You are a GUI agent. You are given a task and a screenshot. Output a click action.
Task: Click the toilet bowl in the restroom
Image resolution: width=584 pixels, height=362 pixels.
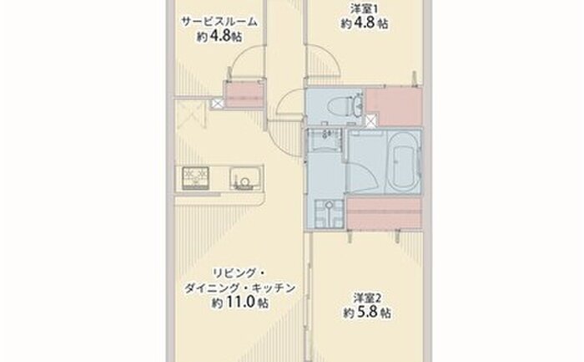[x=337, y=105]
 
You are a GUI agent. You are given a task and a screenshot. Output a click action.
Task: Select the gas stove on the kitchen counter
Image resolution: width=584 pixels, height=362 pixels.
[x=195, y=178]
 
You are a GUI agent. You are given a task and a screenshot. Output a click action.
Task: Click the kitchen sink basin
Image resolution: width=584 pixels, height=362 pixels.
[x=244, y=176]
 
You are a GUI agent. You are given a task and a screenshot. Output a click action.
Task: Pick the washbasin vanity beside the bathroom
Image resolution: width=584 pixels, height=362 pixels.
[x=324, y=139]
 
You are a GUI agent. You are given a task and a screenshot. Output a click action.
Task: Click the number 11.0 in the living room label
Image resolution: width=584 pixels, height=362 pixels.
[x=240, y=302]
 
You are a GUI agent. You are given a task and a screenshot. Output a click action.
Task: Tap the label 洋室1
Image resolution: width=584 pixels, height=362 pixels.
[x=361, y=8]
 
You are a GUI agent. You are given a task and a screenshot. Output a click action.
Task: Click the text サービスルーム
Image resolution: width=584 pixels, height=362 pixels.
[x=219, y=22]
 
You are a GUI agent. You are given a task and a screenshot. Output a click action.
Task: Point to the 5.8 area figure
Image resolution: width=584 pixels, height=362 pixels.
[x=367, y=312]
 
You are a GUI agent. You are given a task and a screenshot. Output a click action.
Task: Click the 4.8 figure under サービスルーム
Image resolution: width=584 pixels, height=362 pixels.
[x=219, y=36]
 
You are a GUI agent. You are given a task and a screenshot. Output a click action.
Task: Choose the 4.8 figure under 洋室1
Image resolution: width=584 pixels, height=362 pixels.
[x=364, y=23]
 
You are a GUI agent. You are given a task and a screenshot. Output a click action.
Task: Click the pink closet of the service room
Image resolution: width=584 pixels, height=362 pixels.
[x=244, y=94]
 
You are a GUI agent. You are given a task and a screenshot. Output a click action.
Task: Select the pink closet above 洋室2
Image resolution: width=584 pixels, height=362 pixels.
[x=385, y=213]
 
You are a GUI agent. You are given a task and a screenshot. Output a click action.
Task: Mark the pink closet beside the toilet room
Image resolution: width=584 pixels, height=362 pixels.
[x=395, y=108]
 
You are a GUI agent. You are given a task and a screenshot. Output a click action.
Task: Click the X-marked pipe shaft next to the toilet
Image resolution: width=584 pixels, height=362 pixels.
[x=371, y=121]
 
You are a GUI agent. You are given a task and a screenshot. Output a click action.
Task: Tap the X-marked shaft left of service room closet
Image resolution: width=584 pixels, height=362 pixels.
[x=217, y=103]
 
